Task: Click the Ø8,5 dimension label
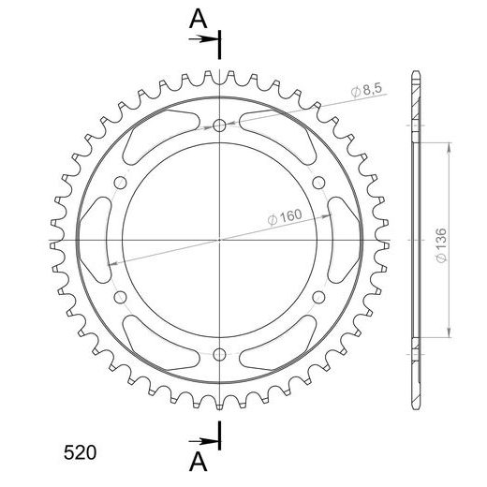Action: coord(366,90)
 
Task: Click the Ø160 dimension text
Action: coord(285,216)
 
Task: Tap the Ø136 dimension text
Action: coord(442,245)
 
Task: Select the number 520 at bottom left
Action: coord(80,452)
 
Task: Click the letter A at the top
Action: coord(199,19)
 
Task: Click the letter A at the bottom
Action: coord(199,462)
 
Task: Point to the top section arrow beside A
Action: coord(203,39)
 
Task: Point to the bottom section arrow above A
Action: coord(203,441)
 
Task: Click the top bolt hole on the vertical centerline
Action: coord(219,125)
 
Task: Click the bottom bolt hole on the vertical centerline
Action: coord(219,354)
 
